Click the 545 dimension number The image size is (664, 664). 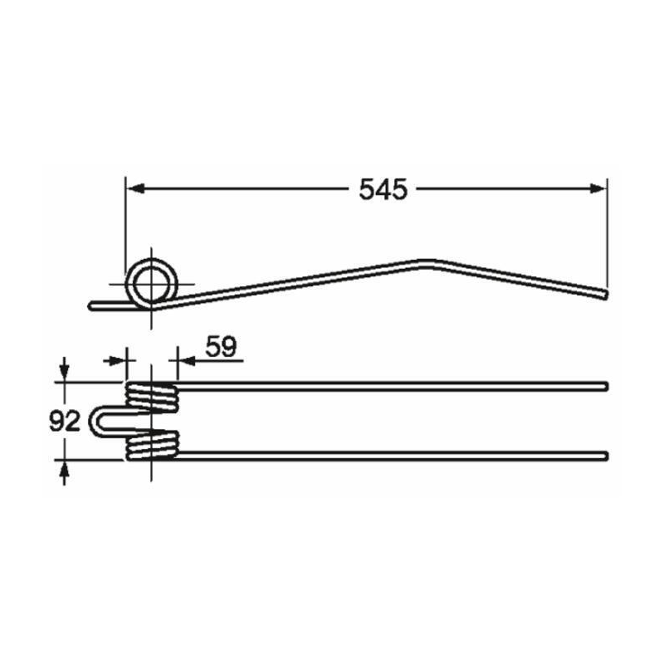(383, 189)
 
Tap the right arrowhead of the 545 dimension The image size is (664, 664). (598, 189)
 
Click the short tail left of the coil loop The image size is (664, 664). (104, 305)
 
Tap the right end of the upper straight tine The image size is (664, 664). (606, 385)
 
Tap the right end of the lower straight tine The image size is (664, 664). (606, 454)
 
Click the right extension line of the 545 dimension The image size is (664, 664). (607, 232)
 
